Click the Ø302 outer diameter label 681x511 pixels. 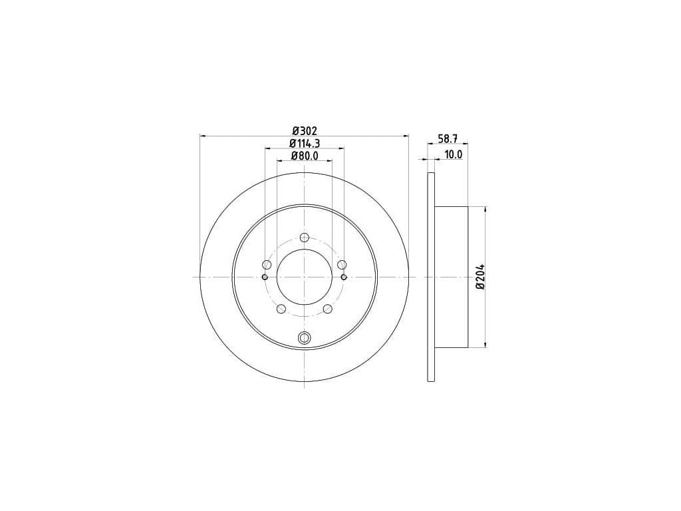click(305, 130)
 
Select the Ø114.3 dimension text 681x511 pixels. click(305, 144)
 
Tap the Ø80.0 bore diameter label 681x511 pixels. click(305, 156)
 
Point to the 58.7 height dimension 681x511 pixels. click(448, 138)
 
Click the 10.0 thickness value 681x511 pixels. click(453, 154)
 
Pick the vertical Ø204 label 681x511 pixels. click(480, 277)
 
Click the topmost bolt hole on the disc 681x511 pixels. click(305, 238)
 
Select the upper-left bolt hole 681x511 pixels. click(267, 265)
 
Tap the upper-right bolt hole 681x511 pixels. click(342, 265)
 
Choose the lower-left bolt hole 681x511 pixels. click(281, 309)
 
